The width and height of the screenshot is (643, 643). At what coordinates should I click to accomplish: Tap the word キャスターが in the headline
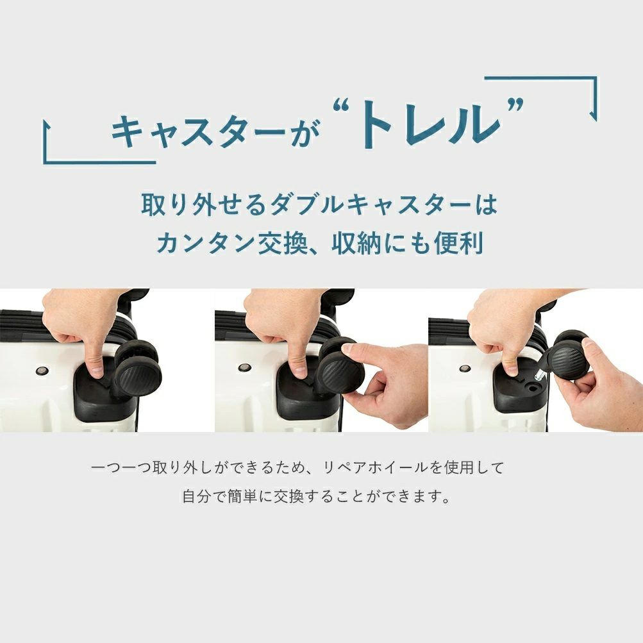pyautogui.click(x=216, y=131)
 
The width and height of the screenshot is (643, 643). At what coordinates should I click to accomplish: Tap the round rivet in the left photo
pyautogui.click(x=42, y=371)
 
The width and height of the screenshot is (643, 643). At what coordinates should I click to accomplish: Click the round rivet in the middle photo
pyautogui.click(x=244, y=367)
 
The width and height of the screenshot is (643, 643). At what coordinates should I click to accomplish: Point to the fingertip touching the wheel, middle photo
pyautogui.click(x=347, y=349)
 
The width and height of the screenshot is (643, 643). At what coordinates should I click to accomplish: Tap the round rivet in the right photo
pyautogui.click(x=465, y=368)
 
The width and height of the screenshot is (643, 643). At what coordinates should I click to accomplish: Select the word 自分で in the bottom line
pyautogui.click(x=203, y=497)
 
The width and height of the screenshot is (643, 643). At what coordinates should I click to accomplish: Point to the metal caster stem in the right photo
pyautogui.click(x=540, y=374)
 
